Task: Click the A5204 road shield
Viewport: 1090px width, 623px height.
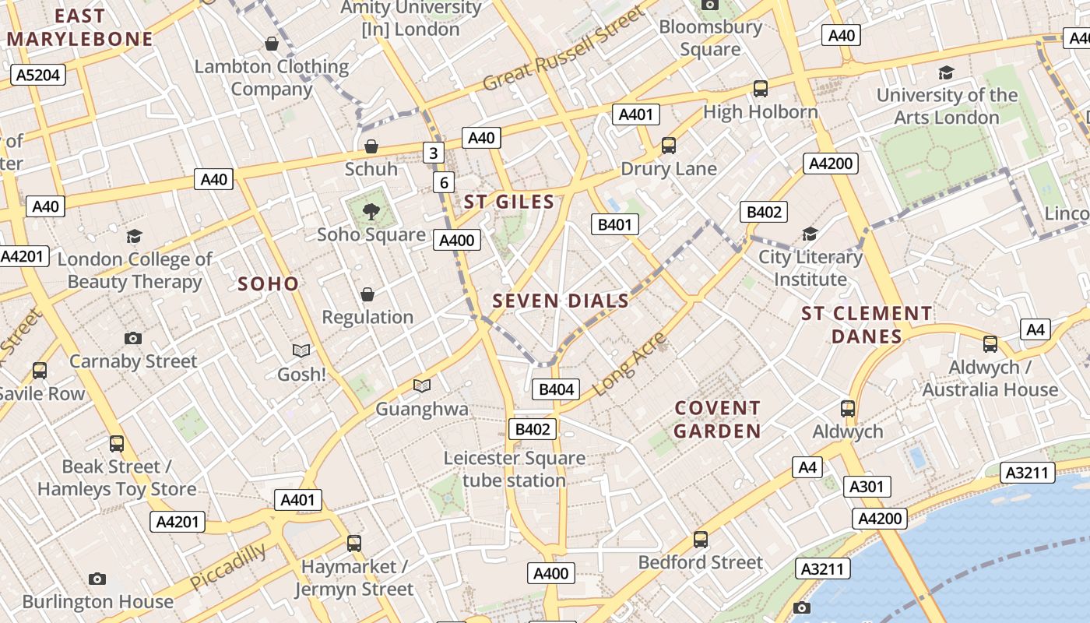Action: pos(38,75)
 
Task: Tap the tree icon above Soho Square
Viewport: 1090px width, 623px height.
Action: pos(371,210)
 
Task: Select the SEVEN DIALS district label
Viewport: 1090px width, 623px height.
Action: pos(561,301)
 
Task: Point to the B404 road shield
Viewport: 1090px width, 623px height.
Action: pos(556,389)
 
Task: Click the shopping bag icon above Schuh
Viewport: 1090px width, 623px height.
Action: pos(371,146)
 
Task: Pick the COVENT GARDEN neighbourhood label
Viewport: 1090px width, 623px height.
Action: pos(717,420)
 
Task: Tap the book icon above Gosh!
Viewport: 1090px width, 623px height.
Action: pos(301,351)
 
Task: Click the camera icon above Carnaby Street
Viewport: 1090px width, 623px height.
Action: pos(133,338)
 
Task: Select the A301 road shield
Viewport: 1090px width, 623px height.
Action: pos(867,487)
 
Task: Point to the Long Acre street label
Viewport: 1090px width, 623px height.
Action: pos(630,363)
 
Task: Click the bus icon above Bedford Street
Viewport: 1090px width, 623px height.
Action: pos(701,539)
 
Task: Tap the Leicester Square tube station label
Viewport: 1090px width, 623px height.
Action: pos(514,469)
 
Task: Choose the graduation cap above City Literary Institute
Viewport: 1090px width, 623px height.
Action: pos(810,234)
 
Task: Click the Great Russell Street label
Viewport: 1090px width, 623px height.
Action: pos(564,48)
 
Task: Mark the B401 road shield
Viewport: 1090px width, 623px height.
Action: pos(614,225)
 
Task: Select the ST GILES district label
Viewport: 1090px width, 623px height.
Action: pos(509,202)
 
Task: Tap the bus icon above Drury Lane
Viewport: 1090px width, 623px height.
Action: pos(668,146)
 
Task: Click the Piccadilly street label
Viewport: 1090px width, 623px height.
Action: pos(228,567)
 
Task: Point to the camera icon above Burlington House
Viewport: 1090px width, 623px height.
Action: pos(97,579)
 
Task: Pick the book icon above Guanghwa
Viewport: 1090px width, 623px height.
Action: pos(422,385)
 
